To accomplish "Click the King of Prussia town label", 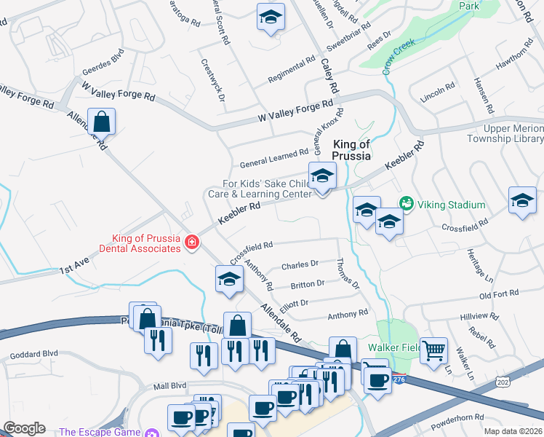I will (x=352, y=149).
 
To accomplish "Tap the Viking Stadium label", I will (x=452, y=205).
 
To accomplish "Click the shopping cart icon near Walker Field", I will (x=433, y=351).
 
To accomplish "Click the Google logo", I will (x=24, y=428).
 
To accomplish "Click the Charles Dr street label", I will (x=300, y=264).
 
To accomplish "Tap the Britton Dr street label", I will (x=307, y=284).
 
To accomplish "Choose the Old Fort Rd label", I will (x=499, y=294).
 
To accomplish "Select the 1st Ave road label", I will (x=73, y=269).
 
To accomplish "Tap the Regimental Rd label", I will (x=291, y=70).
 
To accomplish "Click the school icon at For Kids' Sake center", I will (x=321, y=176).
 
